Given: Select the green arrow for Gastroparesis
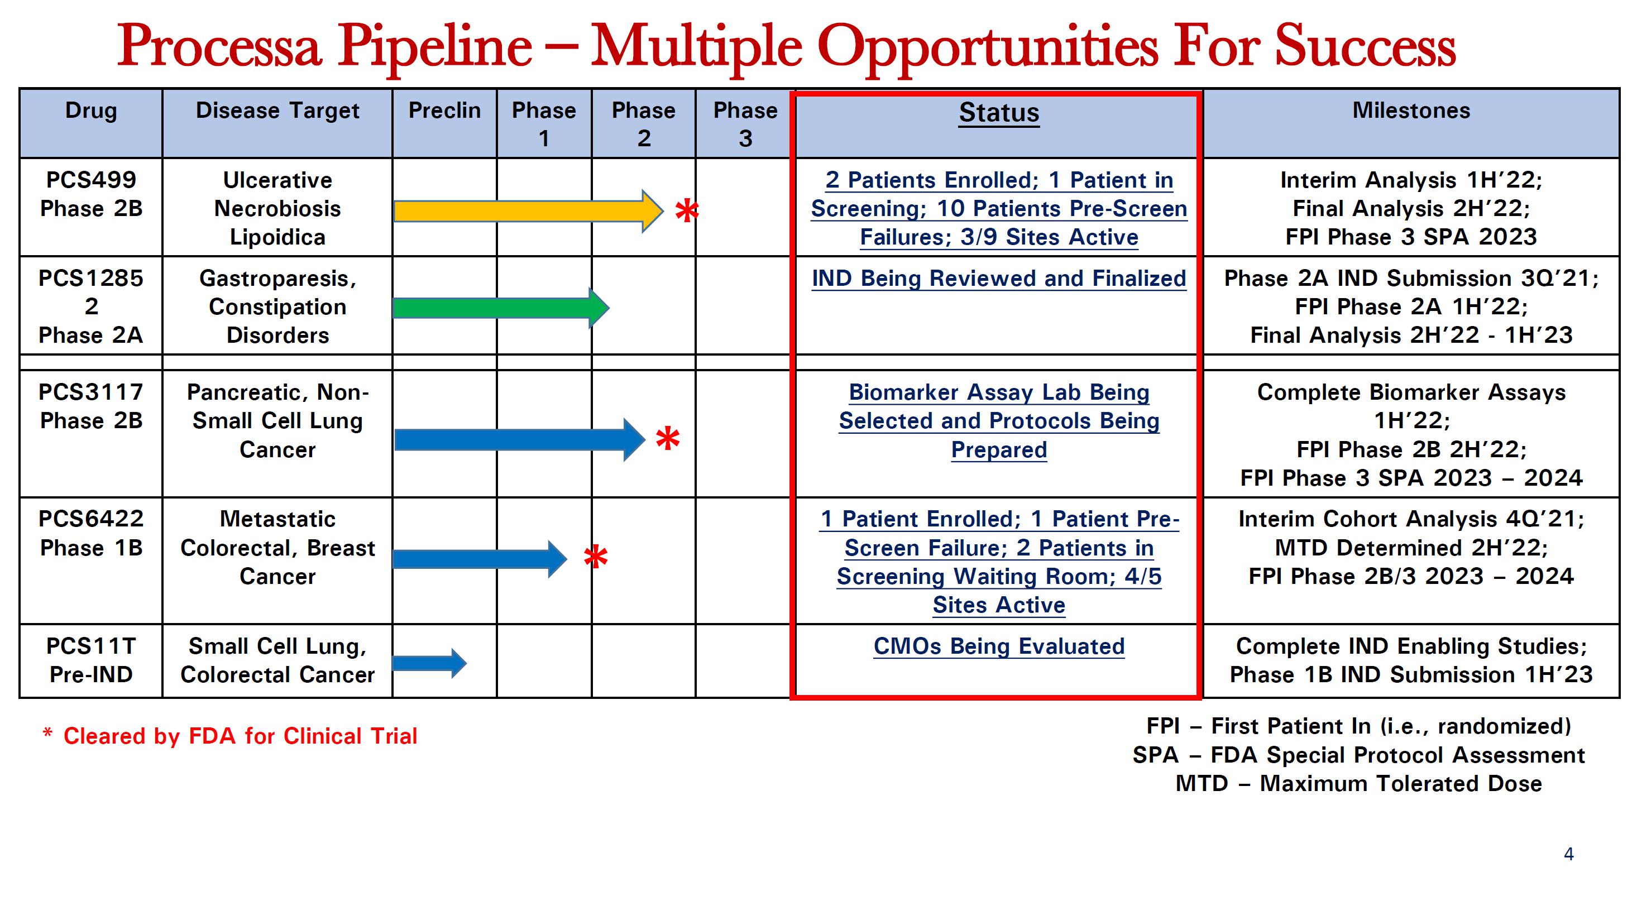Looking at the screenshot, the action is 501,308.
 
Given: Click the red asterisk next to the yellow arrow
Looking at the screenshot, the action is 686,211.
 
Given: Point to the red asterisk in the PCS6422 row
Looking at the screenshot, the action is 595,557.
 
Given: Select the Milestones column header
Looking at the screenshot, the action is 1411,111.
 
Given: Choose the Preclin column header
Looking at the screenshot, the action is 444,111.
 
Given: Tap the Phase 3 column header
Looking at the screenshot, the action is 745,124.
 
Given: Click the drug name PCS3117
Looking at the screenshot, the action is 91,392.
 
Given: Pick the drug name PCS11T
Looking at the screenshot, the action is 91,646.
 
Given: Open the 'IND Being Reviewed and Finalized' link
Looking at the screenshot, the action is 999,278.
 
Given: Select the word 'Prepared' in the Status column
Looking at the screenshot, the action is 999,450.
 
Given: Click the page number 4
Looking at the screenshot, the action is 1568,854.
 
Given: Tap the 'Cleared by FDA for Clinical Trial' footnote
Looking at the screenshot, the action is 240,736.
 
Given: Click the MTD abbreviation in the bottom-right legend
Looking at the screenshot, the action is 1202,783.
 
